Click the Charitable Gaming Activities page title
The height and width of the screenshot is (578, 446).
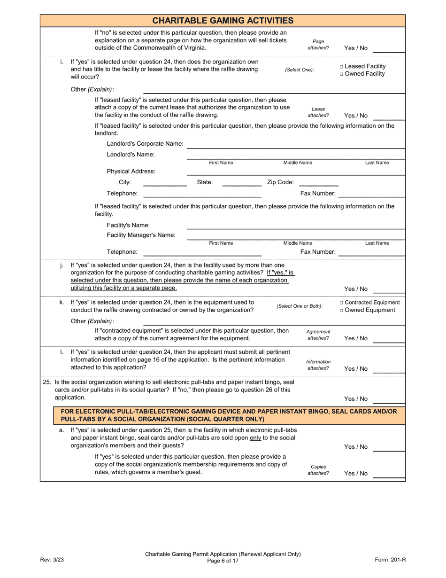pos(223,21)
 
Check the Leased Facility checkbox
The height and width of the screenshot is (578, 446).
pos(341,67)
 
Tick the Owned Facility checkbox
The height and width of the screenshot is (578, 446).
pos(341,74)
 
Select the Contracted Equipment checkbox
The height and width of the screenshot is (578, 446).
pos(341,303)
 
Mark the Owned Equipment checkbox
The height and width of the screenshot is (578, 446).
pos(341,310)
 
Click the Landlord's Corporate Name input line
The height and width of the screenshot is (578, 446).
pos(296,145)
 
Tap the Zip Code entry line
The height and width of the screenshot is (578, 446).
pos(318,183)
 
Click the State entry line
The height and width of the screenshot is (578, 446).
pos(242,183)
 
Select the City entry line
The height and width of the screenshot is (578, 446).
pos(164,183)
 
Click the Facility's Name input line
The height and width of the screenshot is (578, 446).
pos(296,226)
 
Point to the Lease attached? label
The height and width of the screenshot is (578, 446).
pos(318,112)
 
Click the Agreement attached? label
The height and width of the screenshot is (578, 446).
pos(318,335)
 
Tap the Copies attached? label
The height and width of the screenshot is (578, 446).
pos(318,470)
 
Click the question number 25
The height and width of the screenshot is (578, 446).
pos(46,382)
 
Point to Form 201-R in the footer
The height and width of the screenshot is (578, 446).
pos(390,560)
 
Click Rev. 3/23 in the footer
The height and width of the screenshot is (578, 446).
pos(52,560)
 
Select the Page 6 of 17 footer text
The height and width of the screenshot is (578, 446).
pos(223,561)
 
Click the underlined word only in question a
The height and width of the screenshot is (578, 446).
pos(255,438)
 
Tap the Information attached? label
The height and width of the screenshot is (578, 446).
pos(318,365)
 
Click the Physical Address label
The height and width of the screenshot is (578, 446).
pos(131,172)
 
